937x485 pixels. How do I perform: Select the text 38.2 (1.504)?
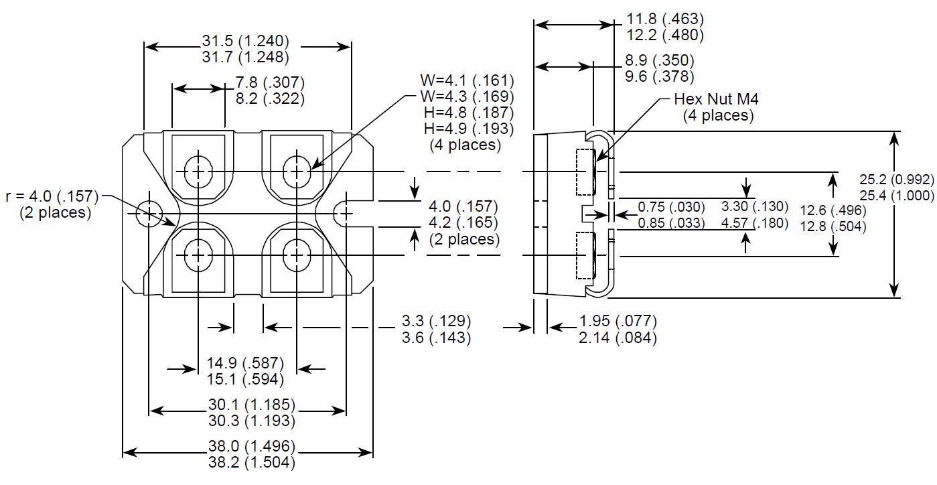[x=251, y=462]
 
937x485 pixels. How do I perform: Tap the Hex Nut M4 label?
[x=717, y=100]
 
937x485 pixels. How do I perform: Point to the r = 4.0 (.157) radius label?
[x=52, y=197]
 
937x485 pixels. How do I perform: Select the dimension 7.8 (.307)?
[x=270, y=83]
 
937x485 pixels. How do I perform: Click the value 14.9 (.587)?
[x=245, y=364]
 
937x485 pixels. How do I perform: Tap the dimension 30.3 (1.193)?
[x=251, y=421]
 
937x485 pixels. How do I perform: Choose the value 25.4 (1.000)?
[x=896, y=196]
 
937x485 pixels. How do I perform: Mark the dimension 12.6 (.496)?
[x=833, y=211]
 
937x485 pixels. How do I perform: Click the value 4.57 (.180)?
[x=754, y=223]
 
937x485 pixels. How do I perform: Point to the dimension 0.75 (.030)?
[x=670, y=207]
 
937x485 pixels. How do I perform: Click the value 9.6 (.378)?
[x=659, y=76]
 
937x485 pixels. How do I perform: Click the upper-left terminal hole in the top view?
[x=198, y=172]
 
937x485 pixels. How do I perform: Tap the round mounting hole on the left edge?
[x=149, y=214]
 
